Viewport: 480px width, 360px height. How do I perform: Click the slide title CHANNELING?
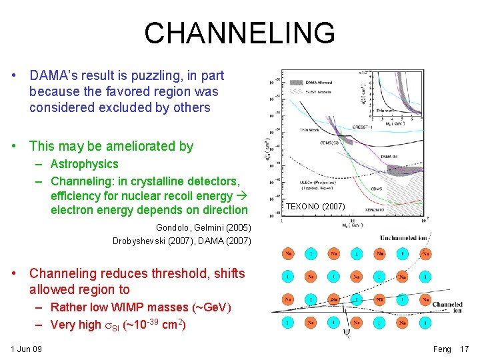239,33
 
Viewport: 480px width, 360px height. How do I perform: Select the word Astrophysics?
84,164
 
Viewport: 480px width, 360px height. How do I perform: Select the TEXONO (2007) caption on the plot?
315,207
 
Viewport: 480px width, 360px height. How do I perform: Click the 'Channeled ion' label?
447,308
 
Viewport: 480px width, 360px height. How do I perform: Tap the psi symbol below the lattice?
347,329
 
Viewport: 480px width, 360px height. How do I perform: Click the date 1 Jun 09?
26,349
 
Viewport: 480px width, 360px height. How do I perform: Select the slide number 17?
465,349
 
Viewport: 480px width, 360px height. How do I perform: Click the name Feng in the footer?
442,349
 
